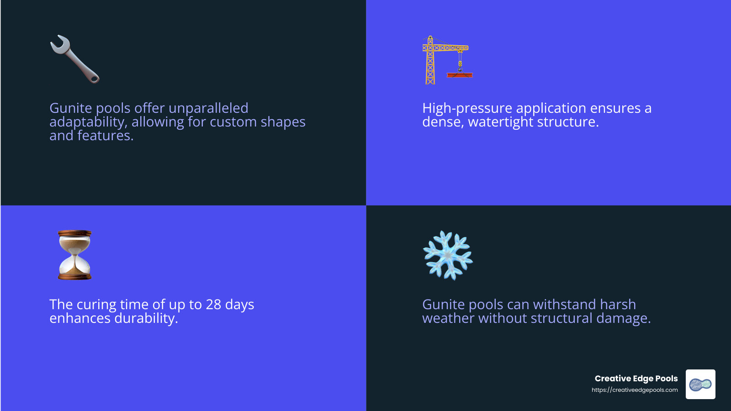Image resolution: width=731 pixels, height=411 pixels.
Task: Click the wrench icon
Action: (74, 59)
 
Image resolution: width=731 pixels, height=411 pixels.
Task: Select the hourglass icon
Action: (75, 255)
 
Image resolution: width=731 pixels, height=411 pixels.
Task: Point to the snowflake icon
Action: (448, 255)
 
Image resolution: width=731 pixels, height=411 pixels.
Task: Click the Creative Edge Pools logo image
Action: (700, 384)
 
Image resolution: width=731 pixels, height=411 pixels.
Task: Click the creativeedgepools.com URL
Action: (635, 390)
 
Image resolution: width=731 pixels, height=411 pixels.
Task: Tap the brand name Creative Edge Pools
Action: (636, 379)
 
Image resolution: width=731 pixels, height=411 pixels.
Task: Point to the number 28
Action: (213, 305)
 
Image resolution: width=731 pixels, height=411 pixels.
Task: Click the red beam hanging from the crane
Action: (460, 74)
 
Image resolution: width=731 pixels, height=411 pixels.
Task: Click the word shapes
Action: (283, 122)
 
